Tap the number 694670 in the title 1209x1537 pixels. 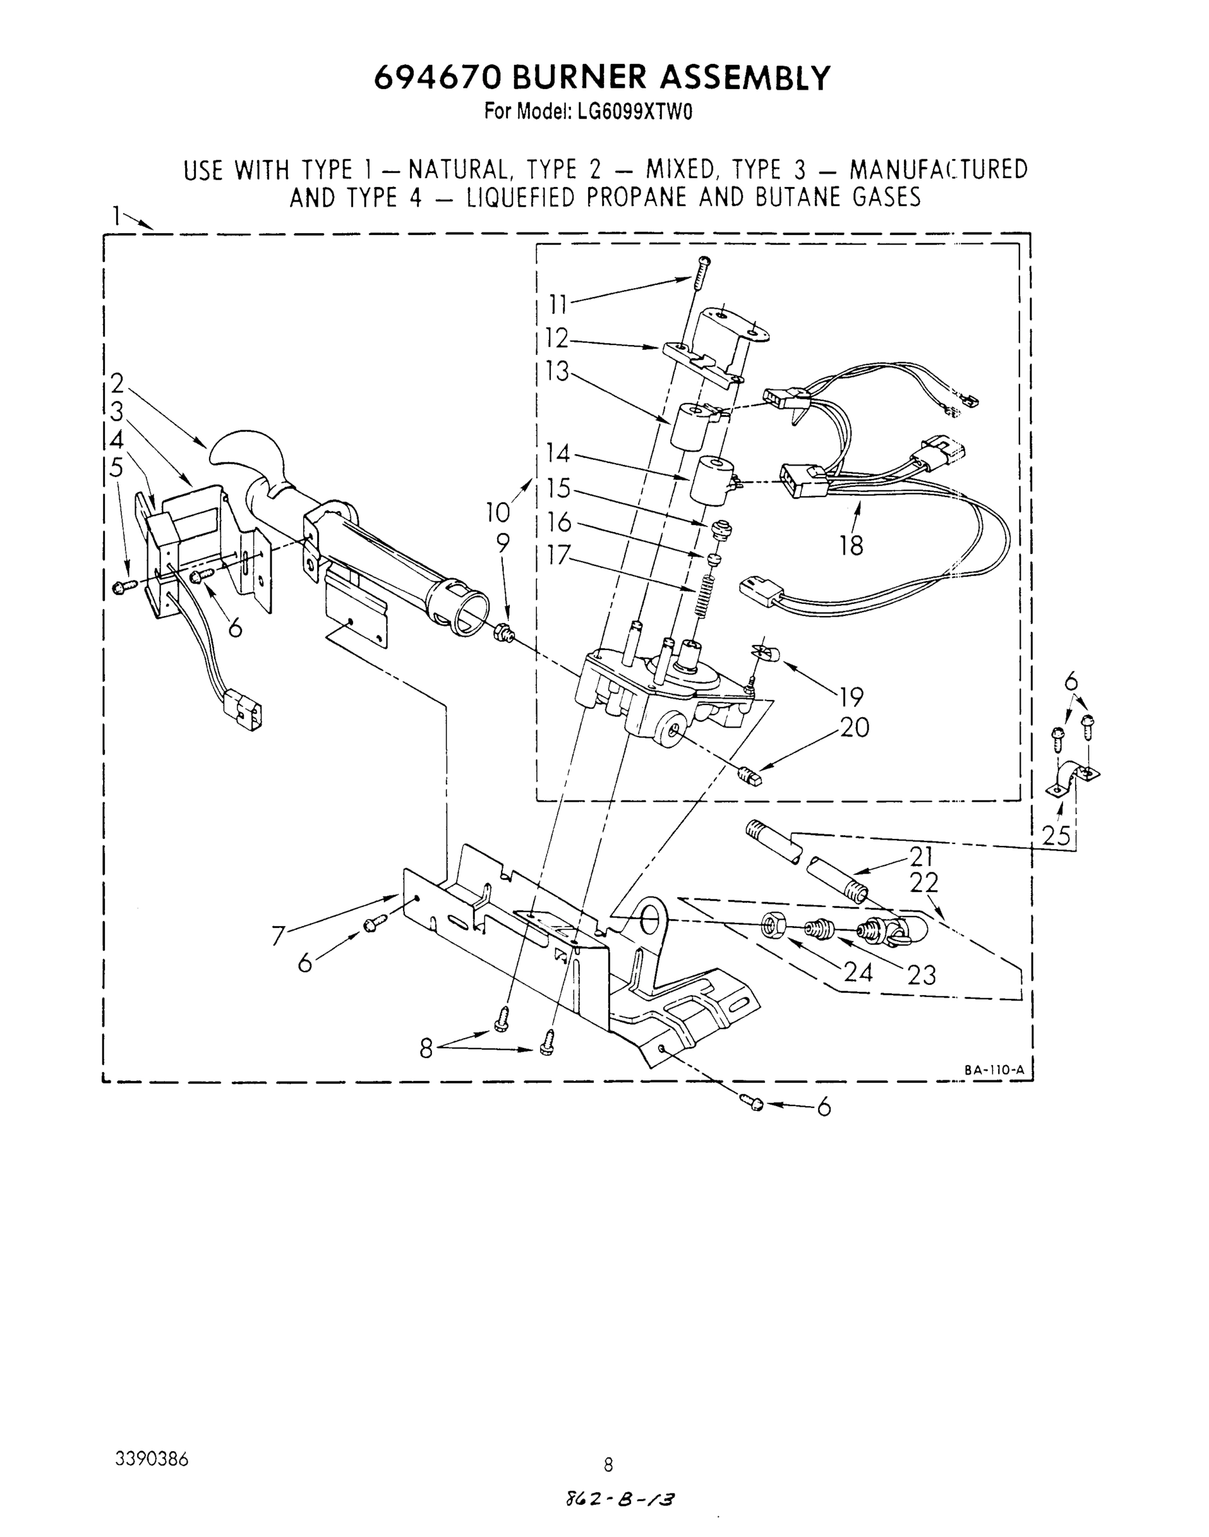(437, 78)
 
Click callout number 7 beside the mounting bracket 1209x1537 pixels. (278, 937)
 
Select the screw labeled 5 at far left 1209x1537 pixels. (120, 587)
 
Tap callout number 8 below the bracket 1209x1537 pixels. (425, 1048)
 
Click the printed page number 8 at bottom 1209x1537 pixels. (608, 1464)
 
